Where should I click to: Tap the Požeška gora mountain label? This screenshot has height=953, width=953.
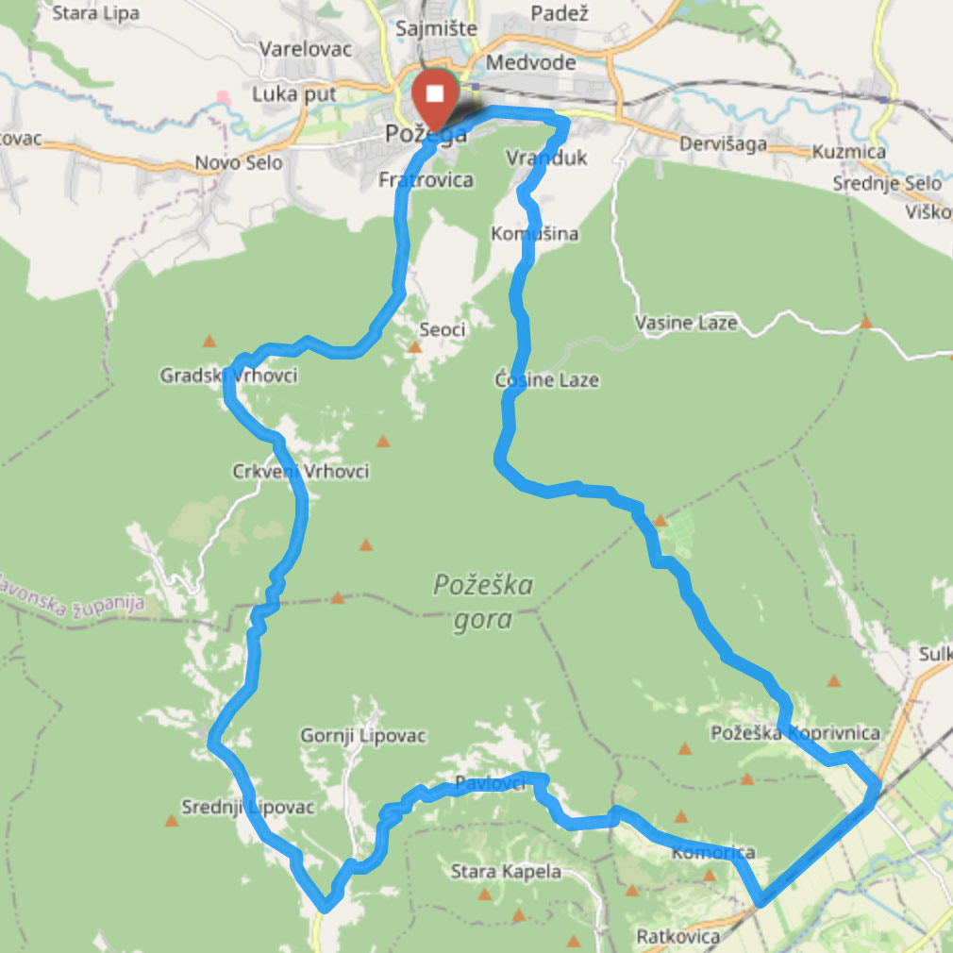point(483,602)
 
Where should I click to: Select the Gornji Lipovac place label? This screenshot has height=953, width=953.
point(363,735)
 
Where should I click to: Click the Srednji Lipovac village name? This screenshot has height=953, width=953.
point(247,807)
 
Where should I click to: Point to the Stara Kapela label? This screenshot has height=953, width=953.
point(506,871)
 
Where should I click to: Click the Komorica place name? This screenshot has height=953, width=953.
point(713,853)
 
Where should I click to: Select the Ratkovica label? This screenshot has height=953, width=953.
point(677,937)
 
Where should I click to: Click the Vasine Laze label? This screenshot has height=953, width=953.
point(686,324)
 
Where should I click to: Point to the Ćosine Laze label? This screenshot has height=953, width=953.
point(547,379)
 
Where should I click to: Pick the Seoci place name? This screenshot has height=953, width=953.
point(442,329)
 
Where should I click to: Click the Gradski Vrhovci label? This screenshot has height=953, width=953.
point(228,376)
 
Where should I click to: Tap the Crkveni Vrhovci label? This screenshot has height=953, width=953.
point(300,471)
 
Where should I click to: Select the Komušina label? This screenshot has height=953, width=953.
point(535,233)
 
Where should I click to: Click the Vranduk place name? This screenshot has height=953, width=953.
point(546,158)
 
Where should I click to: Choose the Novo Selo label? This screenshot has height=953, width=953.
point(239,163)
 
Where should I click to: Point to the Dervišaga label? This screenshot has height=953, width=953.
point(723,144)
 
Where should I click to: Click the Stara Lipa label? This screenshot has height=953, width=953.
point(96,13)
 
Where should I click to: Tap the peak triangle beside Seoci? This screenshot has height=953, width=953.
point(414,347)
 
